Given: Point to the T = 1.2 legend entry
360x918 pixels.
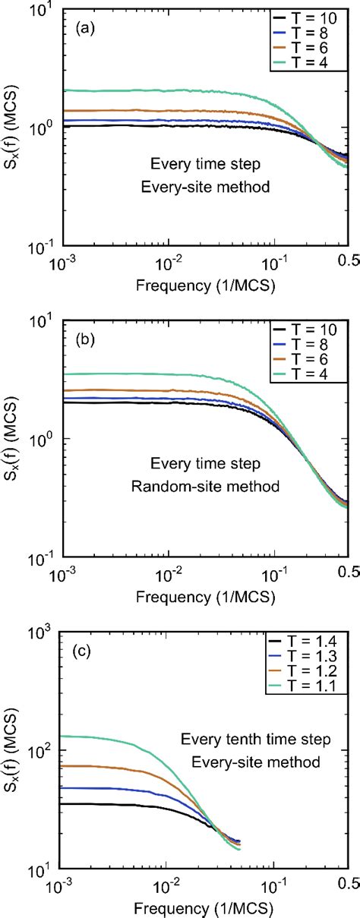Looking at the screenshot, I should tap(311, 672).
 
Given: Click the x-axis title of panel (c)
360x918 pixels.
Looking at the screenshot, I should tap(201, 906).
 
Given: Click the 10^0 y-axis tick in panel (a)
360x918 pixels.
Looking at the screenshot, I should tap(40, 127).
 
